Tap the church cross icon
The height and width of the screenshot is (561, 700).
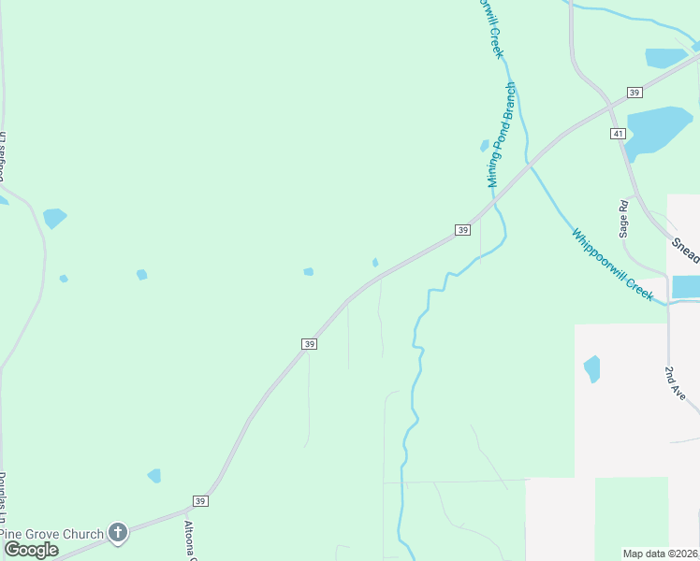[x=117, y=534]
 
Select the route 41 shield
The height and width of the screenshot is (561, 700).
[x=618, y=135]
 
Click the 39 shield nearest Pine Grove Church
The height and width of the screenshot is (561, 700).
[x=200, y=501]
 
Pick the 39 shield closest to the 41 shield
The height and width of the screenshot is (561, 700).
[x=634, y=93]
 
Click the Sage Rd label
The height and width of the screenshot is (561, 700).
[x=623, y=217]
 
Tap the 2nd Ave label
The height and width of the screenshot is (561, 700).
[x=676, y=383]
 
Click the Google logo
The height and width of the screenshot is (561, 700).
[x=31, y=550]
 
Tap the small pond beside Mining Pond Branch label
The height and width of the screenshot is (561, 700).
[x=485, y=146]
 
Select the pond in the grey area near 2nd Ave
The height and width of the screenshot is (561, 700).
[x=591, y=368]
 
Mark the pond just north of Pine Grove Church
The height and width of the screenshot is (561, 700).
[x=154, y=476]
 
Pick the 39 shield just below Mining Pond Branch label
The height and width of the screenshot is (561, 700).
[x=462, y=230]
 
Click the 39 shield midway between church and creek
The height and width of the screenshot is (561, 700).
[x=310, y=344]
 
